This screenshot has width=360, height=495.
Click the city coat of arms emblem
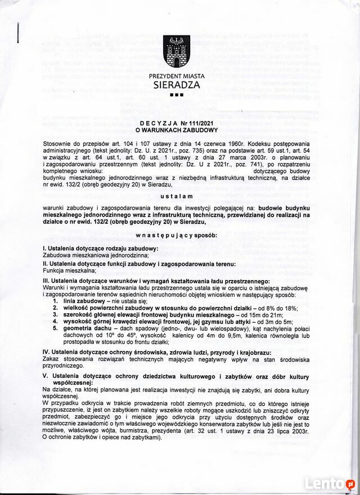pyautogui.click(x=176, y=52)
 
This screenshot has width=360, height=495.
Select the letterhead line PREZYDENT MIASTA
pyautogui.click(x=177, y=76)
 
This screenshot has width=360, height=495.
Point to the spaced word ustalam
pyautogui.click(x=176, y=196)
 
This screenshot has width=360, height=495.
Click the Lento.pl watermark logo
pyautogui.click(x=329, y=483)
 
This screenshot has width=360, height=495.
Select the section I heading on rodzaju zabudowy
pyautogui.click(x=101, y=249)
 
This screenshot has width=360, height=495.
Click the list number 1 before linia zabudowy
pyautogui.click(x=55, y=301)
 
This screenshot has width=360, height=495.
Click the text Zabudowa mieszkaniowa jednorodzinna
pyautogui.click(x=96, y=255)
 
